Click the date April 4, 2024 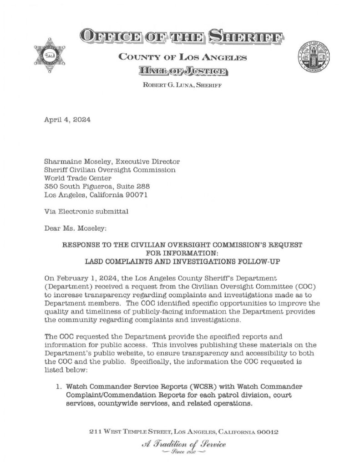(67, 121)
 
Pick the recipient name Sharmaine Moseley (76, 162)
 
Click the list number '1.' (59, 387)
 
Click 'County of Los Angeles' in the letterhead (182, 57)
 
